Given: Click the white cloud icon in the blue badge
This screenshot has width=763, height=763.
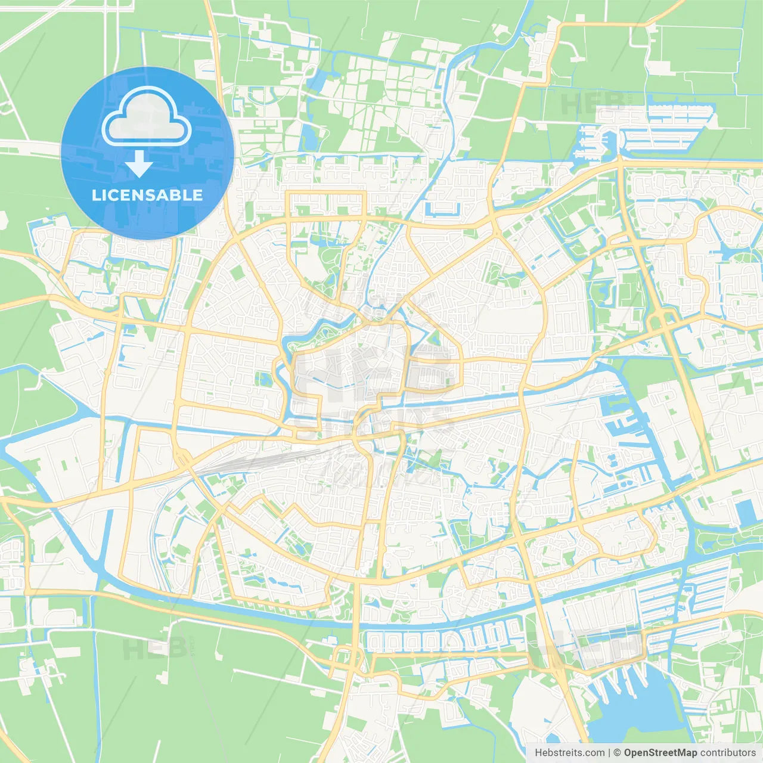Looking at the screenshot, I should tap(146, 116).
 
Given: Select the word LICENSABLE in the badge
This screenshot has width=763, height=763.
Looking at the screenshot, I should tap(147, 195).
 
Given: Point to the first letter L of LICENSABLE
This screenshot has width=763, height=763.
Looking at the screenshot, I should tap(95, 195).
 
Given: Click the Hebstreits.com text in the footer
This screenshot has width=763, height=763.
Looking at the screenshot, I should tap(569, 753).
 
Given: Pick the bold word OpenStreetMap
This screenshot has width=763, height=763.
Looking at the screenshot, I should tap(660, 753).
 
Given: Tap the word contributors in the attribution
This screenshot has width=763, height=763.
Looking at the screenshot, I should tap(728, 753).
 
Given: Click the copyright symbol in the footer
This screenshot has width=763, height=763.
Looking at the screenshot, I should tap(617, 753).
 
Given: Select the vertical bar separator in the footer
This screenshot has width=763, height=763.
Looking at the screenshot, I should tap(609, 753).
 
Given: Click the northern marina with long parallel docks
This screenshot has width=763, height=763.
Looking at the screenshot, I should tap(662, 128).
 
